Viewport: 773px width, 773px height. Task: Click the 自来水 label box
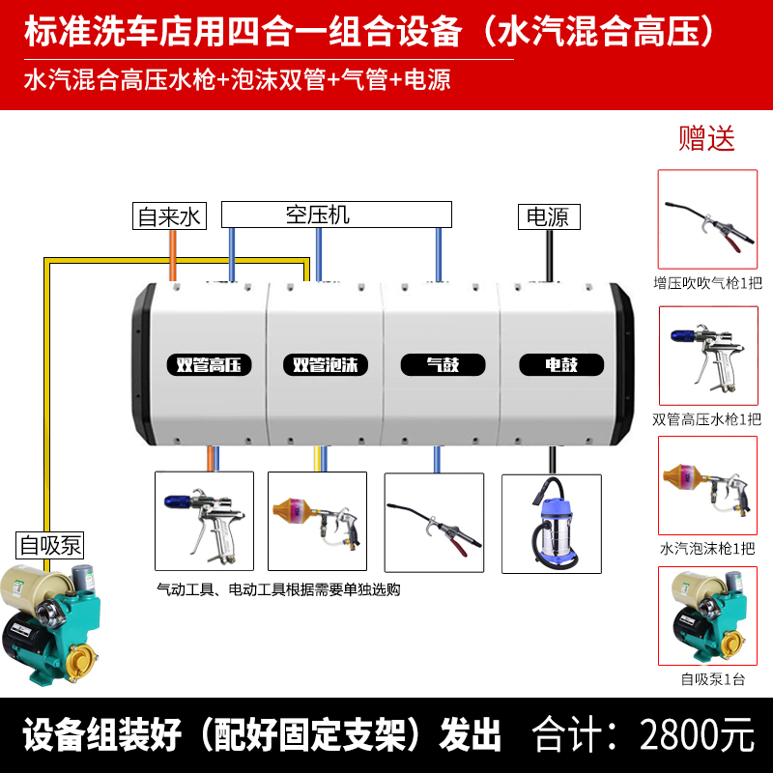pyautogui.click(x=168, y=216)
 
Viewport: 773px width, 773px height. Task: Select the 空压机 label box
pyautogui.click(x=336, y=214)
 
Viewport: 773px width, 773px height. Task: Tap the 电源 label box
pyautogui.click(x=549, y=216)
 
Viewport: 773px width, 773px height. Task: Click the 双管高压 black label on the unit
pyautogui.click(x=209, y=365)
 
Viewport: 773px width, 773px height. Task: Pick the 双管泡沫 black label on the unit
pyautogui.click(x=326, y=365)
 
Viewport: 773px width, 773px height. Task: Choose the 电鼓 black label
pyautogui.click(x=561, y=365)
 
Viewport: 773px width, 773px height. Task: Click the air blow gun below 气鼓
pyautogui.click(x=434, y=522)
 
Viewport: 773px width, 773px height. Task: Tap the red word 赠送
pyautogui.click(x=706, y=137)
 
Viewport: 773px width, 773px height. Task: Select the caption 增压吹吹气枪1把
pyautogui.click(x=707, y=284)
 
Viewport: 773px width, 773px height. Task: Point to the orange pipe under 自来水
pyautogui.click(x=173, y=256)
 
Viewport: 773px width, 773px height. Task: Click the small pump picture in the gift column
pyautogui.click(x=706, y=616)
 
